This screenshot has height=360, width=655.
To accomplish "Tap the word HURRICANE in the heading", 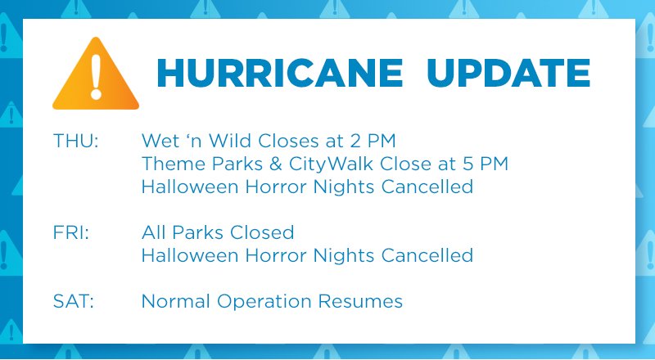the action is (x=280, y=74).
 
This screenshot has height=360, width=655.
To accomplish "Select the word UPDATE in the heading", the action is (x=508, y=74).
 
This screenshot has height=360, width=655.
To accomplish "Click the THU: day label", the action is (x=75, y=141).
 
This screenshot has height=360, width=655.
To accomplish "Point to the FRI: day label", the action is (x=71, y=232).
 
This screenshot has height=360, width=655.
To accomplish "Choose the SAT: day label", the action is (x=74, y=301).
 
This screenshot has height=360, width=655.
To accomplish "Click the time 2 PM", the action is (x=373, y=141).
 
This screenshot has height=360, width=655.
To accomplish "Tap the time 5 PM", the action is (x=486, y=164).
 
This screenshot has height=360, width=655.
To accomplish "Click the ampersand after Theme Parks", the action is (x=276, y=164).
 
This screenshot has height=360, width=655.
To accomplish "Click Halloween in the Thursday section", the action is (x=190, y=187).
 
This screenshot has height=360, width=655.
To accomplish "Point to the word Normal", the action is (x=175, y=301).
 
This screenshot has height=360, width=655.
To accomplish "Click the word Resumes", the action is (x=360, y=301).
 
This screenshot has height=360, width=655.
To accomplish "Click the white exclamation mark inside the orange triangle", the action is (x=96, y=77).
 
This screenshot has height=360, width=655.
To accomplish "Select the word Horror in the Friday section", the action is (x=276, y=255).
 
